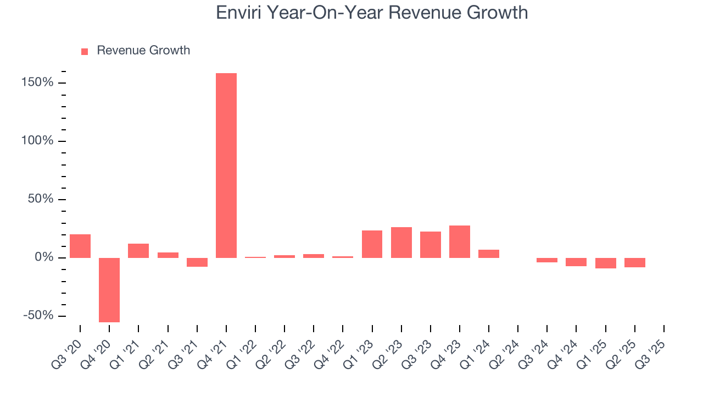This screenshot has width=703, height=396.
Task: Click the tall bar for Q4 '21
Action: tap(226, 165)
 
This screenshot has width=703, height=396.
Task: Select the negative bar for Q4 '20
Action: tap(109, 290)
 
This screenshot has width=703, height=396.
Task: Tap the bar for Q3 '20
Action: tap(80, 246)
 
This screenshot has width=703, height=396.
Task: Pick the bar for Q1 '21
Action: tap(138, 251)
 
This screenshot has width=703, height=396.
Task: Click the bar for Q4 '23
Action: tap(460, 241)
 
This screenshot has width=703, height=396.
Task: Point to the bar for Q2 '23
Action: tap(401, 243)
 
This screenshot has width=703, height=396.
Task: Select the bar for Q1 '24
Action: tap(489, 254)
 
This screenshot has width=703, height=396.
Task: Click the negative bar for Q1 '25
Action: tap(606, 263)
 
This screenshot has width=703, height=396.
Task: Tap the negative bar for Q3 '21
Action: tap(197, 262)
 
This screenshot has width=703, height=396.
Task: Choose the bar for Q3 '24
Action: tap(547, 260)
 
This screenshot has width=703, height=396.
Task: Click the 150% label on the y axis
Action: tap(38, 82)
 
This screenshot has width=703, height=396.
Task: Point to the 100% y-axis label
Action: tap(38, 141)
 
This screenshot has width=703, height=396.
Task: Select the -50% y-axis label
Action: tap(39, 316)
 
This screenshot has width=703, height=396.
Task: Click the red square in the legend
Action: tap(85, 51)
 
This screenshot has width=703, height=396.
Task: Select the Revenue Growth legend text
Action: tap(143, 51)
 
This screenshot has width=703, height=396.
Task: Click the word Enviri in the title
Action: tap(239, 12)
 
